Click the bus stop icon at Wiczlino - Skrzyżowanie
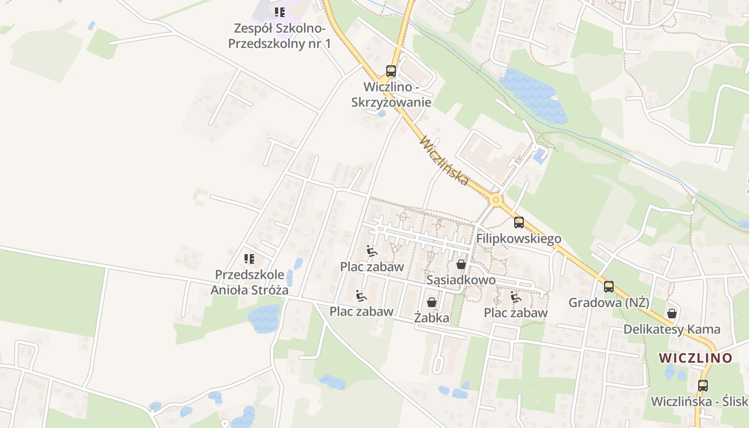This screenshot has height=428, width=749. click(x=391, y=71)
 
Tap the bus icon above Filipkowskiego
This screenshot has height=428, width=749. click(x=518, y=223)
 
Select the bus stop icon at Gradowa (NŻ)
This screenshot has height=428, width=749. click(x=609, y=287)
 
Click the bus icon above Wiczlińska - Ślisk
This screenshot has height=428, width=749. click(x=703, y=385)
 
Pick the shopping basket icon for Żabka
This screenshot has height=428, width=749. click(x=432, y=303)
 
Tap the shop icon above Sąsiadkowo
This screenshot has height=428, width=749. click(x=461, y=264)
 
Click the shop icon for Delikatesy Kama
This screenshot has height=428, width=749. click(x=671, y=314)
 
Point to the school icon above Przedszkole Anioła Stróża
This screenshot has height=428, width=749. click(x=249, y=259)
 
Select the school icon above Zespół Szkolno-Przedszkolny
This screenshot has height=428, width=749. click(x=279, y=12)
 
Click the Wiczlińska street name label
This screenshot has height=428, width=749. click(x=445, y=161)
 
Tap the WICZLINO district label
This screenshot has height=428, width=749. click(x=695, y=358)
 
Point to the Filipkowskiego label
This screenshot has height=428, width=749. click(x=518, y=239)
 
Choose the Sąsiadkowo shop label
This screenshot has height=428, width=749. click(x=461, y=280)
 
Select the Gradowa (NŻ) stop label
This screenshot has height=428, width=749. click(x=609, y=303)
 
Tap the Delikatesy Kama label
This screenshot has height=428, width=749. click(x=671, y=330)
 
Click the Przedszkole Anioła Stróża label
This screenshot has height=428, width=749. click(x=249, y=282)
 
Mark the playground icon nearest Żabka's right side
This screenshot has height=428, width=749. click(x=516, y=297)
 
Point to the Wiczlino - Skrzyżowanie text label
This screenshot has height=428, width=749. click(x=391, y=94)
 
